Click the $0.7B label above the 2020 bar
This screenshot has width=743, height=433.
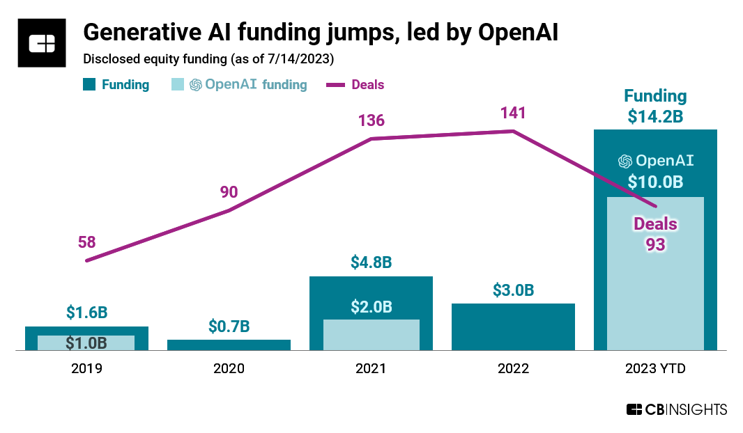pos(229,326)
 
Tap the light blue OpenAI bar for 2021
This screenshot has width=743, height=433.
pos(371,335)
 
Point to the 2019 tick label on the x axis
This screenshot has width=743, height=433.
pos(86,369)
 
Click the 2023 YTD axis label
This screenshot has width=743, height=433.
pos(655,369)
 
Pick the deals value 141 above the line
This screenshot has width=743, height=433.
pos(513,113)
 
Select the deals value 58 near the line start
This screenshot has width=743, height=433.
pos(86,243)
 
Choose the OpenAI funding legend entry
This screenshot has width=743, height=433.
pos(248,85)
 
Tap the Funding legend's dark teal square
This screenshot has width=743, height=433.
pos(89,85)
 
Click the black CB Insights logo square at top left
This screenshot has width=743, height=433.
pos(42,43)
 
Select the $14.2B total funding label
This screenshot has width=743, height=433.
pos(655,116)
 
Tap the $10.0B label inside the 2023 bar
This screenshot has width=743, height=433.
pos(655,182)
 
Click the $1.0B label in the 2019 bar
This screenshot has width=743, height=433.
pos(86,343)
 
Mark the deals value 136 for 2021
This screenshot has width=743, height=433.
pos(371,120)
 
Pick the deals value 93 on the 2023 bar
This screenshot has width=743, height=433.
pos(655,244)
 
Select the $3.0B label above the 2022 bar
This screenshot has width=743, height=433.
pos(513,290)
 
